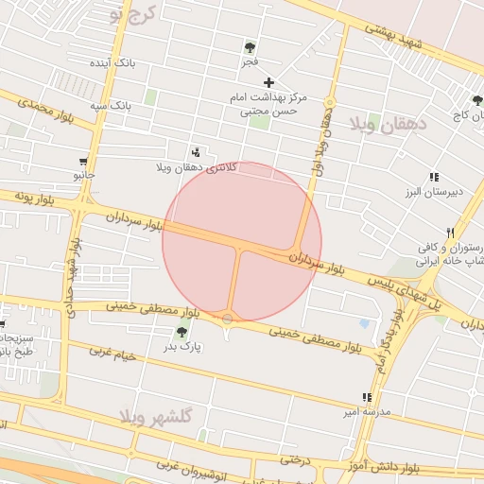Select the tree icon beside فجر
click(250, 47)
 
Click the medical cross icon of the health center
click(269, 82)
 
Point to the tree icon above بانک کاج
click(476, 101)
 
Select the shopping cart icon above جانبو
click(84, 161)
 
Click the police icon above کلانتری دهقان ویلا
click(196, 152)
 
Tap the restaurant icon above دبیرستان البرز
click(433, 177)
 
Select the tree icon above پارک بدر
click(181, 331)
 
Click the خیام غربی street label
click(112, 355)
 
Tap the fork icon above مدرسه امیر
click(366, 398)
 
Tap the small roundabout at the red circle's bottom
click(227, 319)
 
